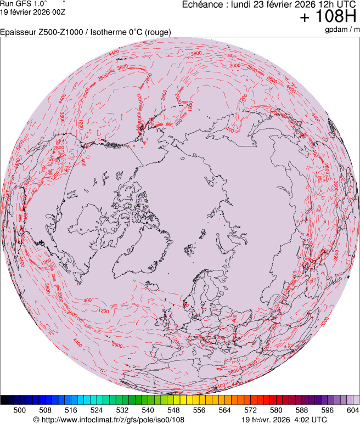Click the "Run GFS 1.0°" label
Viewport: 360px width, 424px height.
24,3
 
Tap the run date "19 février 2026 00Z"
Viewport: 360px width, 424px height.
33,12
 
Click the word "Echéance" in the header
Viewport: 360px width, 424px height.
201,5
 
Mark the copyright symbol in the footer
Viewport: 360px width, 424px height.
36,420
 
